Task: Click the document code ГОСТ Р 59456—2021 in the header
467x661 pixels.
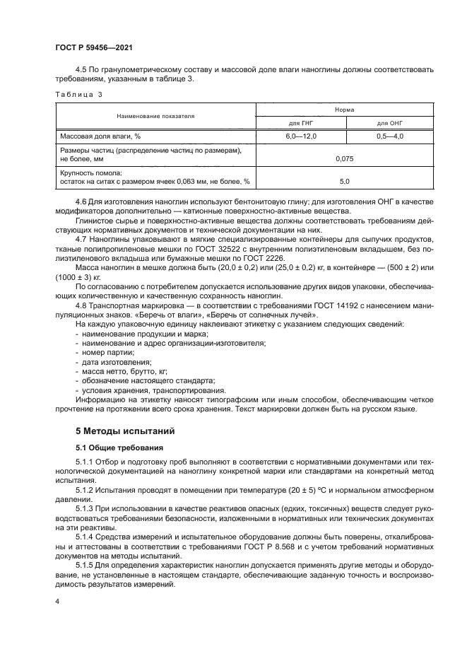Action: coord(94,47)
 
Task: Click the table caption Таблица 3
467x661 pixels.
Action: coord(79,94)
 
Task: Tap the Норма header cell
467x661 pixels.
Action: coord(345,110)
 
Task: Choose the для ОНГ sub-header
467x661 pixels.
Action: coord(389,123)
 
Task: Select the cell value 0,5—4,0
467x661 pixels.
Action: coord(389,136)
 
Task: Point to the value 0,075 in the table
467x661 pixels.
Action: coord(345,158)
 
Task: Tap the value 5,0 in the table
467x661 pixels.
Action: coord(345,182)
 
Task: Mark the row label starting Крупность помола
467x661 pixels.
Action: coord(92,173)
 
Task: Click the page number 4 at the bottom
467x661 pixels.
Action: coord(58,601)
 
